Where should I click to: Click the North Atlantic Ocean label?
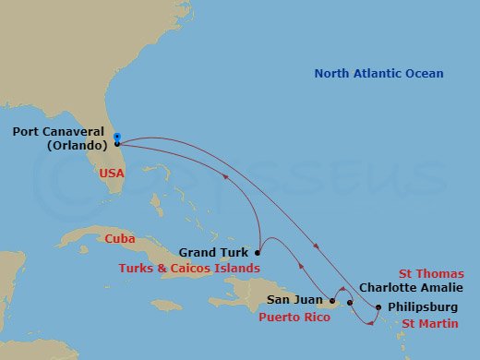pyautogui.click(x=378, y=74)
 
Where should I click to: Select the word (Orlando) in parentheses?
pyautogui.click(x=74, y=145)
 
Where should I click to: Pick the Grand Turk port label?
pyautogui.click(x=214, y=251)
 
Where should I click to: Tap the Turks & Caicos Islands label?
pyautogui.click(x=189, y=268)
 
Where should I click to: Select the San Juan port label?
pyautogui.click(x=294, y=300)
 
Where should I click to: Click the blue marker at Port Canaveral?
pyautogui.click(x=116, y=138)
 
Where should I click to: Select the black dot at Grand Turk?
pyautogui.click(x=258, y=252)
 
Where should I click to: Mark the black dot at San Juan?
pyautogui.click(x=332, y=301)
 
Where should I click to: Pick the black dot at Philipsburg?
pyautogui.click(x=378, y=307)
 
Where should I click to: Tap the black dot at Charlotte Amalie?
pyautogui.click(x=350, y=303)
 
